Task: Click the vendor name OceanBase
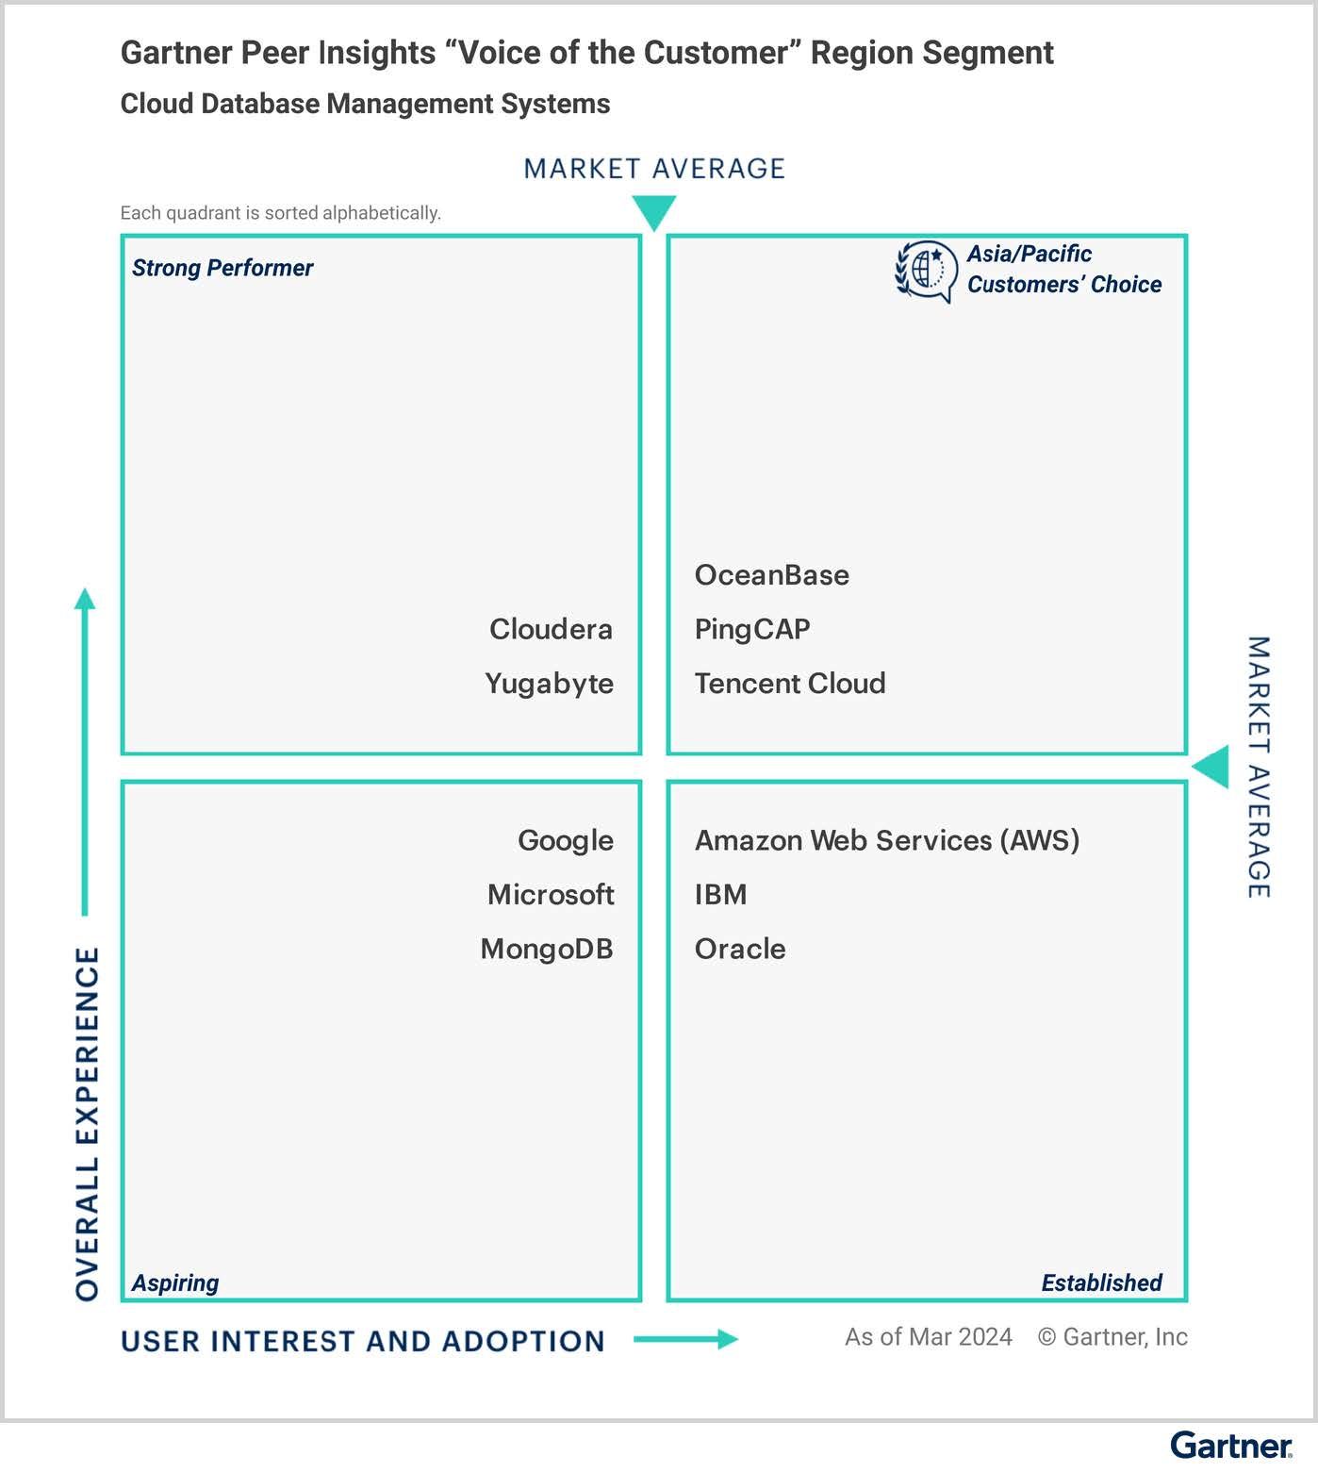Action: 771,575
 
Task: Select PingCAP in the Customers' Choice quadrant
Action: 752,630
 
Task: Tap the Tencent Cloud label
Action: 790,684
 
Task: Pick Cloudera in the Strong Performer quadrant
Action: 551,629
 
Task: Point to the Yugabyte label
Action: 549,684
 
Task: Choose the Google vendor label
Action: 566,840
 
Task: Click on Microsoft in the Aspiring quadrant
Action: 551,895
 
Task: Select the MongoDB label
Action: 547,949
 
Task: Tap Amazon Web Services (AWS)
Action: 887,840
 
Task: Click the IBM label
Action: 721,895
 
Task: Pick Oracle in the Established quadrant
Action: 740,949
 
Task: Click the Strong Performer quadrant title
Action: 222,268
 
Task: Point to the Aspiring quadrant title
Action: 175,1282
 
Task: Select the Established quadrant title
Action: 1101,1282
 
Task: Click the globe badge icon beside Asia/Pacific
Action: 925,272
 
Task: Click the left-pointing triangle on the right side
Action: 1211,767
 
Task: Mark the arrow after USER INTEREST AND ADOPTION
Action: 685,1339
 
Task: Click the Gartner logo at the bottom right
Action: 1231,1446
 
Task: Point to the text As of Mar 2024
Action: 929,1337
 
